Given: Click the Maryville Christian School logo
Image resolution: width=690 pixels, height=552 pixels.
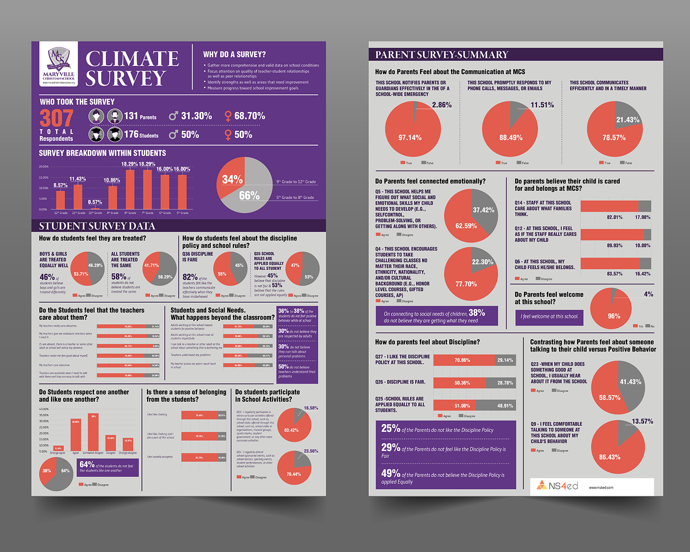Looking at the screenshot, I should coord(58,64).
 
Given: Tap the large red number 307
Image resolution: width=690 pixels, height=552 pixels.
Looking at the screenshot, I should coord(56,119).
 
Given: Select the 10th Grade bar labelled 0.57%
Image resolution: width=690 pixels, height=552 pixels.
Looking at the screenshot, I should coord(95,208).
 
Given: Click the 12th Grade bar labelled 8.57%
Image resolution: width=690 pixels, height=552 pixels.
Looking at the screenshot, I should coord(60,200).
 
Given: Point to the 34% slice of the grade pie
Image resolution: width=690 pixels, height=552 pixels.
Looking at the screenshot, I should coord(231,179).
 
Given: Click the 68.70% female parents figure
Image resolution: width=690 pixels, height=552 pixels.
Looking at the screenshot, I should coord(249,116).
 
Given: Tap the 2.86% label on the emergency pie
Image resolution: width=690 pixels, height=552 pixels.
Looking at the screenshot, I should coord(442,105).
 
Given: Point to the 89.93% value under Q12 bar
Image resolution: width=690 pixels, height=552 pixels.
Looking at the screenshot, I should coord(615,245).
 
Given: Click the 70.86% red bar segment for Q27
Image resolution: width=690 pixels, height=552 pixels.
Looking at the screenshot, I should coord(462,360).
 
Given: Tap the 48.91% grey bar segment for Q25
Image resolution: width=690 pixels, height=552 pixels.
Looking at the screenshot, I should coord(505,405).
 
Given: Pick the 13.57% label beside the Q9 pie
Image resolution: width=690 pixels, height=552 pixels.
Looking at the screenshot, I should coord(642,421).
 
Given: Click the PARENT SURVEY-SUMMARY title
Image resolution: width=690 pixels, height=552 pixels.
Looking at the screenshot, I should coord(441,55).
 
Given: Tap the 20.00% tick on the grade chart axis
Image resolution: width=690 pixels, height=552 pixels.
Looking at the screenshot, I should coord(43,166).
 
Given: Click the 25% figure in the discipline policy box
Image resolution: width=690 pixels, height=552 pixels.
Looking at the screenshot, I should coord(391,428).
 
